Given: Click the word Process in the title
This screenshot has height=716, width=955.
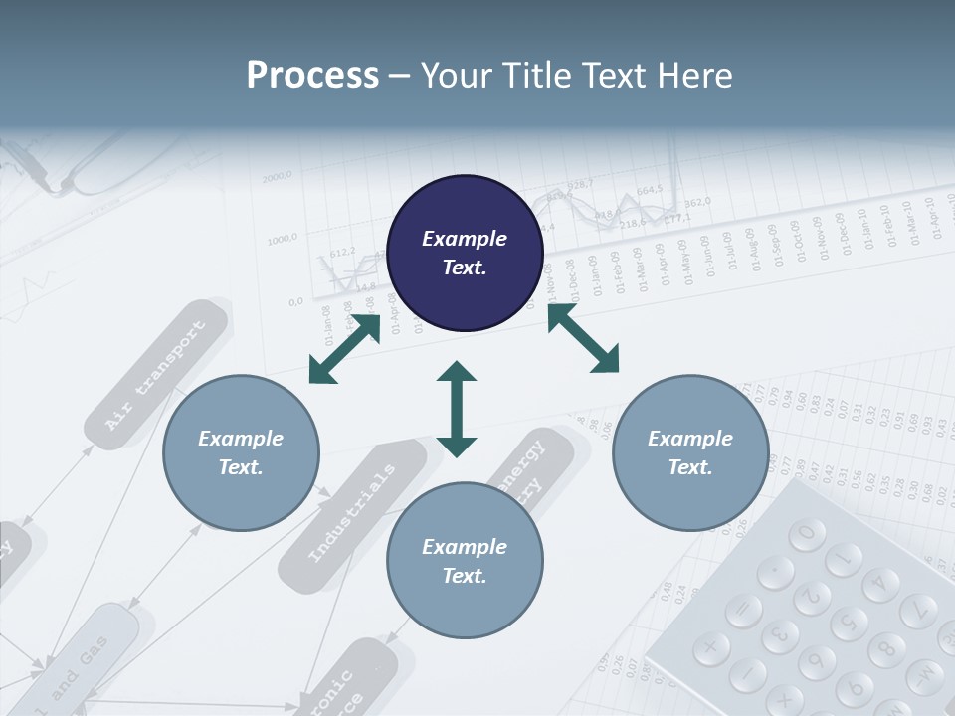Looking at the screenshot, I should click(312, 76).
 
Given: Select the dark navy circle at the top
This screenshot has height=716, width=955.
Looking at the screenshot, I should click(465, 254).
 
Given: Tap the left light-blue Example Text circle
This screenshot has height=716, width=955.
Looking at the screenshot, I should click(241, 452).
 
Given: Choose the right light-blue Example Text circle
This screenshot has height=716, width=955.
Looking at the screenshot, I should click(690, 452).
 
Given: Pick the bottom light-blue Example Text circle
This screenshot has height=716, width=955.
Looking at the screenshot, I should click(465, 561).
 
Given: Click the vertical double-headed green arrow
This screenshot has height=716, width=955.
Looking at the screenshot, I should click(457, 409).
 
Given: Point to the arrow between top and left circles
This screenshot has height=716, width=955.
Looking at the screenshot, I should click(345, 349).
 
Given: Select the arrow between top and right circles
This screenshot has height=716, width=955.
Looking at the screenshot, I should click(583, 339).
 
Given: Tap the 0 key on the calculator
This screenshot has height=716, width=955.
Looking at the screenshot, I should click(807, 534).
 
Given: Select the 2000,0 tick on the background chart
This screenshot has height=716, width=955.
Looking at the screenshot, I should click(278, 178).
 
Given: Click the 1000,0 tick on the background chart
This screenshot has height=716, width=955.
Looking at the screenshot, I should click(284, 239).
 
